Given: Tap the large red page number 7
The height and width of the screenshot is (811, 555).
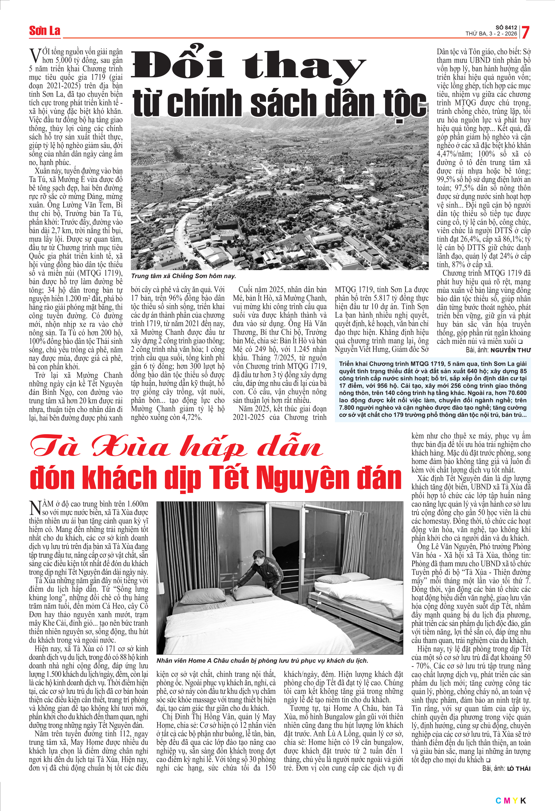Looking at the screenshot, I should [x=525, y=33].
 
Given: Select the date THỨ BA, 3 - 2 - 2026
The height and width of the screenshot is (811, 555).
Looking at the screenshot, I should [x=491, y=34].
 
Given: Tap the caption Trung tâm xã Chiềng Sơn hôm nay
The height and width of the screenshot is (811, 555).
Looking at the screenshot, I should [x=184, y=276].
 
